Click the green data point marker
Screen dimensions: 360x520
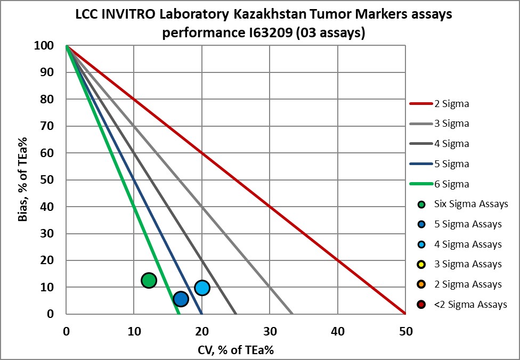click(149, 280)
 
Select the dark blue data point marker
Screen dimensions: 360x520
click(181, 299)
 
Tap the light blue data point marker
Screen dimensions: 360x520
click(202, 288)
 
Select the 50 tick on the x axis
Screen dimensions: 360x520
click(405, 331)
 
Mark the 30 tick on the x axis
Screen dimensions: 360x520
click(270, 331)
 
